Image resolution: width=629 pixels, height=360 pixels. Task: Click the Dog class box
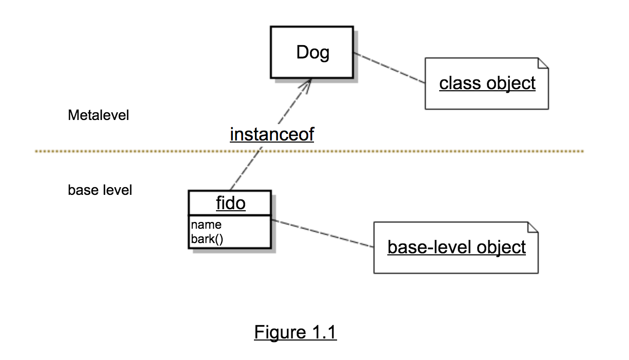(312, 52)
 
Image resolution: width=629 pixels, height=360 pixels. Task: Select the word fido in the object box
(231, 203)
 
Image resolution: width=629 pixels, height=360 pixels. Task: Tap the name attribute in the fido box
(206, 225)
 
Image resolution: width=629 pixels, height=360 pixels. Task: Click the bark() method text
(207, 239)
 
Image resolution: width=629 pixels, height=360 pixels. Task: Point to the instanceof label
(272, 134)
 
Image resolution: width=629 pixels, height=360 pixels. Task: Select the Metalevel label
(99, 115)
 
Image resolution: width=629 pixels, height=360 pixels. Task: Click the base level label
(100, 190)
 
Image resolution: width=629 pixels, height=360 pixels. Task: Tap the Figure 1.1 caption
(296, 332)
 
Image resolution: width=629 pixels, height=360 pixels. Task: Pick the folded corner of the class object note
(543, 63)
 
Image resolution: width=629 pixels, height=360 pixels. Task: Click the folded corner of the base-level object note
(533, 227)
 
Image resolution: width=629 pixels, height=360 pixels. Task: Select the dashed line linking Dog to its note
(389, 68)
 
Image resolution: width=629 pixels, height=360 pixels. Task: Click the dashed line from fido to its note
(323, 233)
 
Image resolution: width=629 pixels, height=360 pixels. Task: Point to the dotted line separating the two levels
(309, 151)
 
